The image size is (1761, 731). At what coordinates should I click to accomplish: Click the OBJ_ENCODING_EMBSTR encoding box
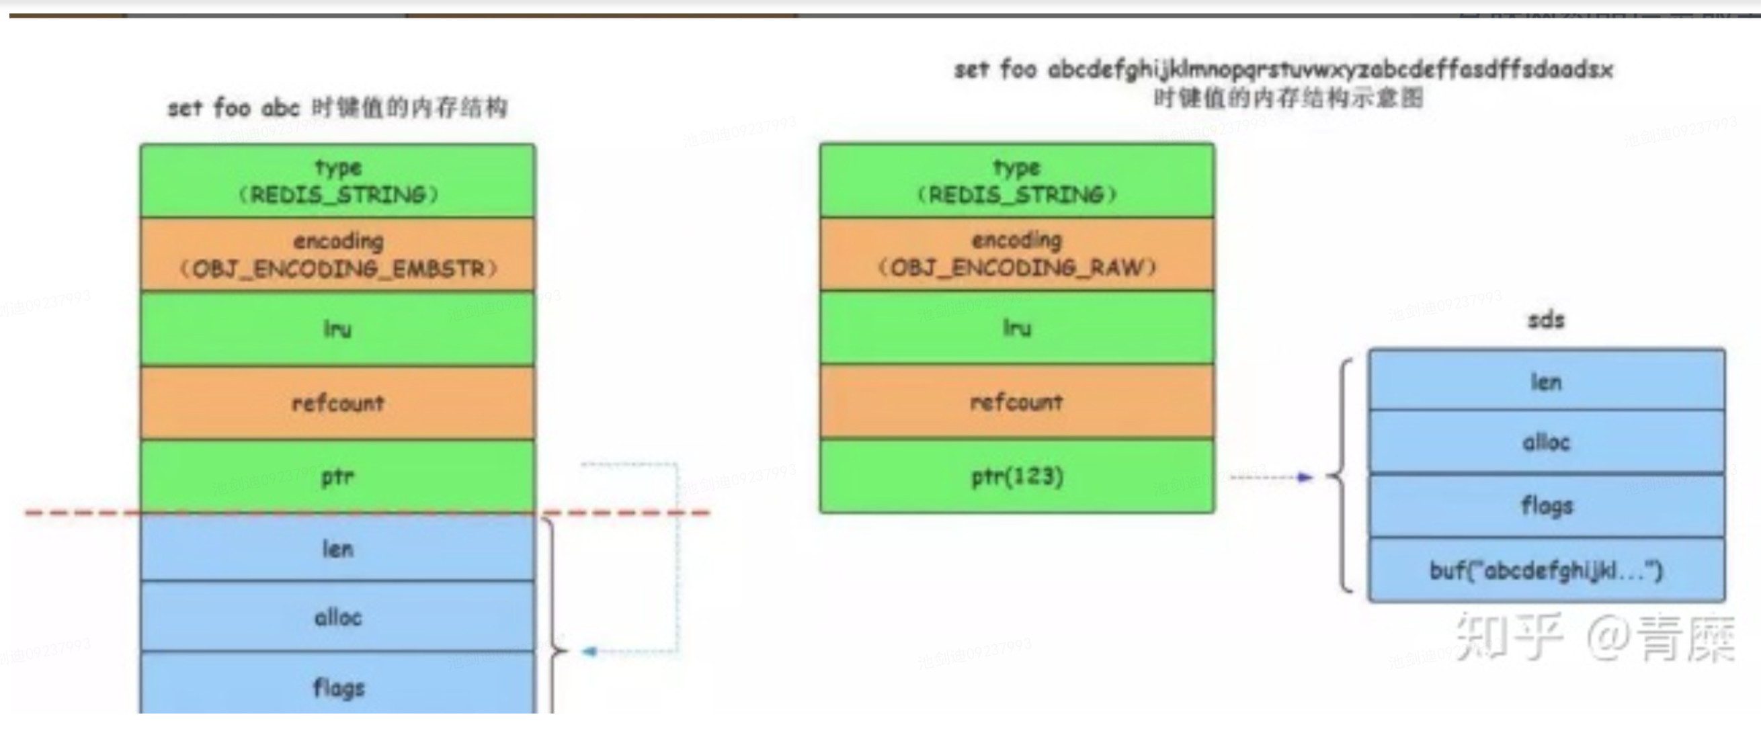point(337,255)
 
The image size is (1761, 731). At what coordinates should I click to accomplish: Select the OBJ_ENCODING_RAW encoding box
point(1017,254)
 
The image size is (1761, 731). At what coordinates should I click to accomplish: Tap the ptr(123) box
point(1017,476)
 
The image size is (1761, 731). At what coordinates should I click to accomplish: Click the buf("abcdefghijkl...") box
point(1547,570)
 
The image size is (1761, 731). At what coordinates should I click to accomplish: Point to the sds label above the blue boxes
point(1547,320)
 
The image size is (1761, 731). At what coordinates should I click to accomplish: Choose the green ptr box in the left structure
point(337,476)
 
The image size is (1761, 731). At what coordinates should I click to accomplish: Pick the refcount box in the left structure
point(337,403)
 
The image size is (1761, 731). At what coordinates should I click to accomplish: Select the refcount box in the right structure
point(1017,402)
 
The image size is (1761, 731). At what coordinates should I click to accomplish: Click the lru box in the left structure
point(337,329)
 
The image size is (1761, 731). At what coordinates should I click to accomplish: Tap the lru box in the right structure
point(1017,328)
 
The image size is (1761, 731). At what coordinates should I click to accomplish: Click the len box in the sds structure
point(1547,381)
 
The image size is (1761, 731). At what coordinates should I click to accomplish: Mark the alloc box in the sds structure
point(1547,442)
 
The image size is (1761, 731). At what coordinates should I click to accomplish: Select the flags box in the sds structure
point(1547,505)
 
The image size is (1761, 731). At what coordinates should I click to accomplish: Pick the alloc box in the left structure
point(337,617)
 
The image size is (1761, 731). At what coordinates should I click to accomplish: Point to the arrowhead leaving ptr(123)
point(1305,478)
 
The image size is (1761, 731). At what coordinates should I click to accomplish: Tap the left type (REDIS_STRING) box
point(337,181)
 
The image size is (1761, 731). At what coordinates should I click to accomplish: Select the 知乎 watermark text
point(1509,637)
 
